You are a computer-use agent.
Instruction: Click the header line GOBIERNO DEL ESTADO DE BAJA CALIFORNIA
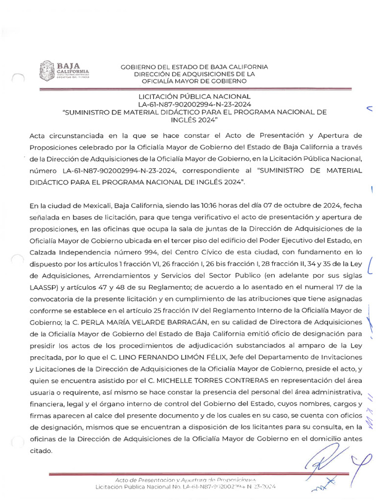click(x=194, y=67)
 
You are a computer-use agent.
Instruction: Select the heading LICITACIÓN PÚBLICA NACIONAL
click(x=194, y=97)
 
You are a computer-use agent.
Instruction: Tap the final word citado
click(x=41, y=451)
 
